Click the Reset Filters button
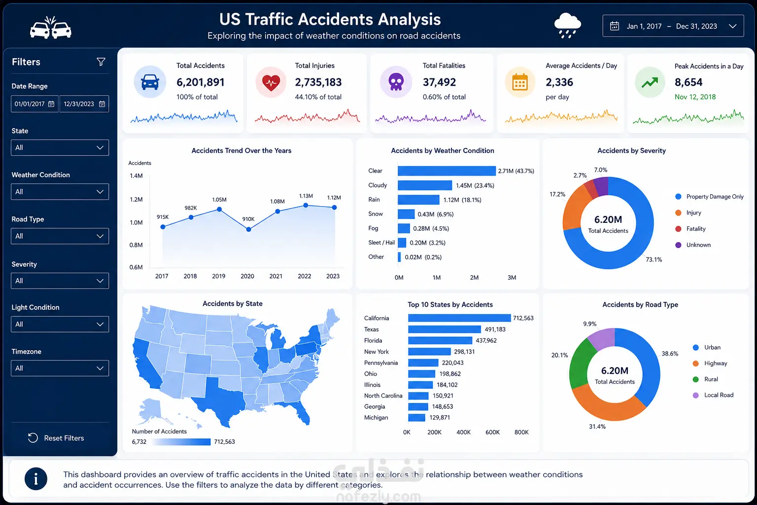coord(56,438)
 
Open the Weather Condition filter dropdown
coord(60,192)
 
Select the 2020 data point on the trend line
coord(249,229)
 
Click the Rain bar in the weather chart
coord(418,200)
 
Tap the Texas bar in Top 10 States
coord(445,329)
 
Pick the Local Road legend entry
coord(713,395)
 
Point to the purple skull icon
coord(396,82)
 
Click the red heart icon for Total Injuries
coord(271,82)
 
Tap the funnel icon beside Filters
coord(101,62)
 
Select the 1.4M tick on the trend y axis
coord(136,176)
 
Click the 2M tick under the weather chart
coord(474,278)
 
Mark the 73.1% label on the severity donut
coord(654,260)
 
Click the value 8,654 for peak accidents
coord(688,82)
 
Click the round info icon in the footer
coord(36,479)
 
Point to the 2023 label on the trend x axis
coord(333,276)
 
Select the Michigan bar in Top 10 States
coord(416,418)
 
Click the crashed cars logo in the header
coord(51,27)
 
